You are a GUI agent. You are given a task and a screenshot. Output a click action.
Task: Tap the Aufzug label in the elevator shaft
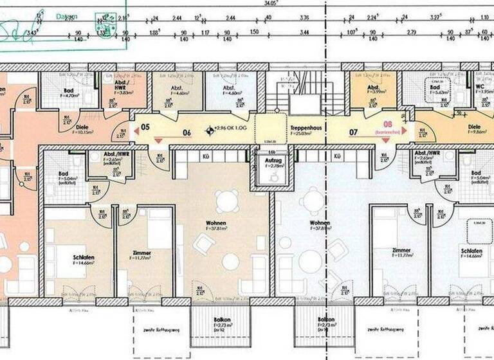(x=266, y=159)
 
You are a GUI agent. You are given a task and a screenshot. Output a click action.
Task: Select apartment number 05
(x=145, y=127)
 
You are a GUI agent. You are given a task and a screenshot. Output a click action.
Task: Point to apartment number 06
(x=187, y=133)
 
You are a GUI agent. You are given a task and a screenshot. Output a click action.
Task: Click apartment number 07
(x=353, y=133)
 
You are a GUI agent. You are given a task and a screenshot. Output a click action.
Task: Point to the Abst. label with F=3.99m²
(x=372, y=88)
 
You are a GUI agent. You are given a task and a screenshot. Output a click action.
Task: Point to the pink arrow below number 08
(x=388, y=139)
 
